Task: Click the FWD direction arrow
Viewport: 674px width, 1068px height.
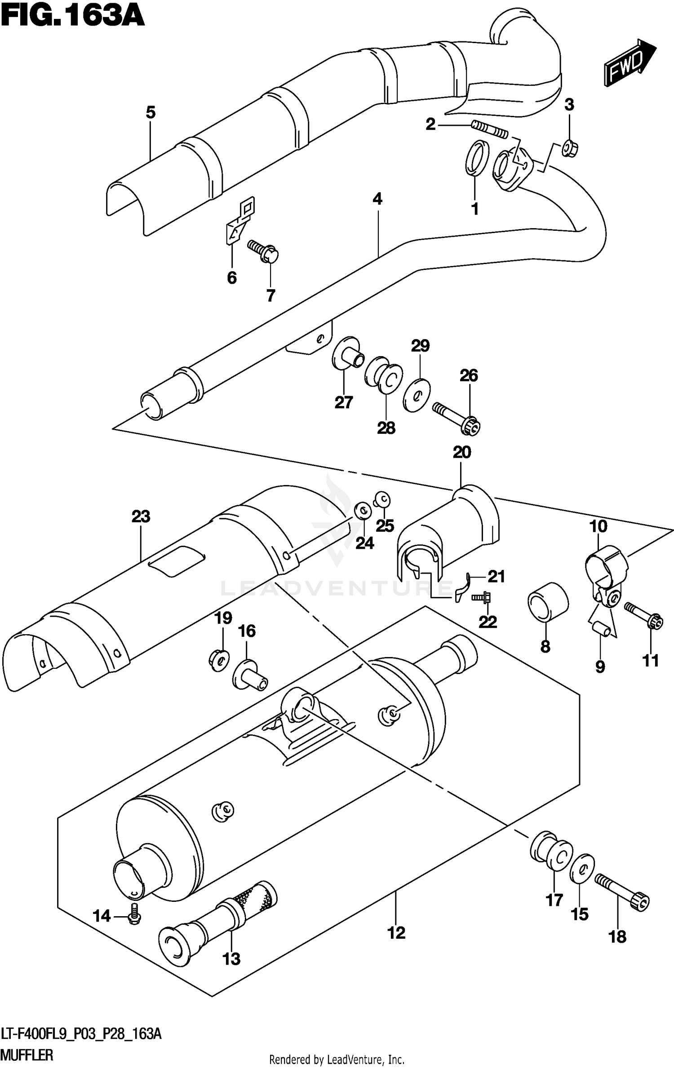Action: pyautogui.click(x=630, y=63)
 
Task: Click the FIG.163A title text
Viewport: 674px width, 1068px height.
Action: pyautogui.click(x=72, y=17)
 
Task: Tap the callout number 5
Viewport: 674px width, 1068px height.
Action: pyautogui.click(x=151, y=112)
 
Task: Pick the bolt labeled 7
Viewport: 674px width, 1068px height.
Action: pyautogui.click(x=264, y=252)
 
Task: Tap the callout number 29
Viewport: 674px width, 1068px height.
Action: pyautogui.click(x=420, y=346)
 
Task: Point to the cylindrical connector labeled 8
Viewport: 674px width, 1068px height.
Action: pyautogui.click(x=547, y=602)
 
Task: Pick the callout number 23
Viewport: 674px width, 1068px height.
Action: pyautogui.click(x=141, y=516)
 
